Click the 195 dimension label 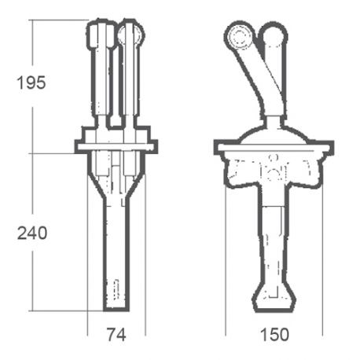31,83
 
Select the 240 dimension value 31,233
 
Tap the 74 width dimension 116,334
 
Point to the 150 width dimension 273,334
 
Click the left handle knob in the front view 101,34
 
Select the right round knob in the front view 130,33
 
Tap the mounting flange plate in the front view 116,145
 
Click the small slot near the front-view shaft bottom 116,288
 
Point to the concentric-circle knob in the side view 238,35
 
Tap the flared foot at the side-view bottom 273,298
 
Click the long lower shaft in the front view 116,252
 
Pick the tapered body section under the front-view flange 116,177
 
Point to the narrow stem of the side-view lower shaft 273,244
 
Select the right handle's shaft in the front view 130,83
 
